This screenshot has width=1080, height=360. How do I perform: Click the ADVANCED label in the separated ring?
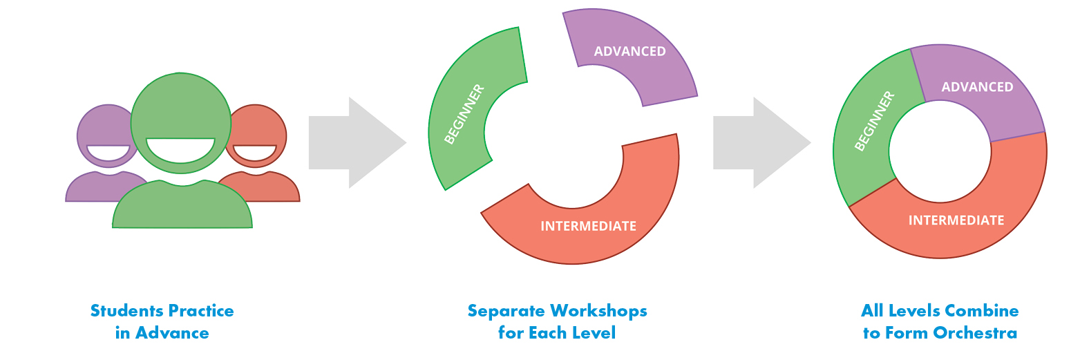[x=629, y=51]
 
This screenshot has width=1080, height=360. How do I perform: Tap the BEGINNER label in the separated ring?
[x=464, y=114]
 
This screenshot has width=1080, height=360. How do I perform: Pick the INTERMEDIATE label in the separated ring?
[x=588, y=226]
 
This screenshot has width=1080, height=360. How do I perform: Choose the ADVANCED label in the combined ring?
[x=977, y=87]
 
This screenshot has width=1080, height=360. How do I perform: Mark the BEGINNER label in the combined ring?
[x=875, y=121]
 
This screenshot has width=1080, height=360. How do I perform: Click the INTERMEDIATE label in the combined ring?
[x=956, y=220]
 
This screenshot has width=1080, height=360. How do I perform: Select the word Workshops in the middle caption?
[x=598, y=311]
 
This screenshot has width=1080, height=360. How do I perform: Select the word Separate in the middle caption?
[x=506, y=311]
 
